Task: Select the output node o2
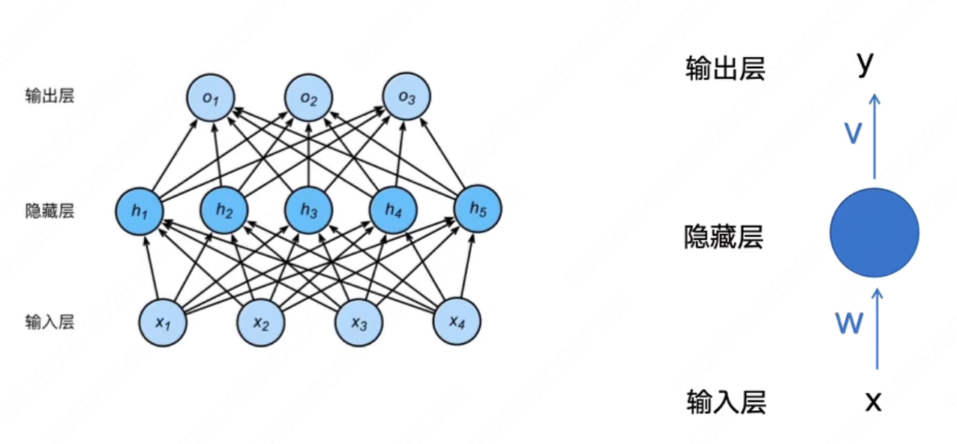point(309,97)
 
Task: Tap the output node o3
point(406,97)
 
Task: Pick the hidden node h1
point(140,211)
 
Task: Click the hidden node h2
point(224,211)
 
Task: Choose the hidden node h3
point(309,211)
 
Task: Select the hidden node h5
point(478,211)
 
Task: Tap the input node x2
point(261,323)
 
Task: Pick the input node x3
point(359,323)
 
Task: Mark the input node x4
point(457,322)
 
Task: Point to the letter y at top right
point(866,64)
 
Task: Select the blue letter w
point(849,323)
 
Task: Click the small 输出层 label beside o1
point(49,96)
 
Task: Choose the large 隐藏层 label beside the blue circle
point(724,238)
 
